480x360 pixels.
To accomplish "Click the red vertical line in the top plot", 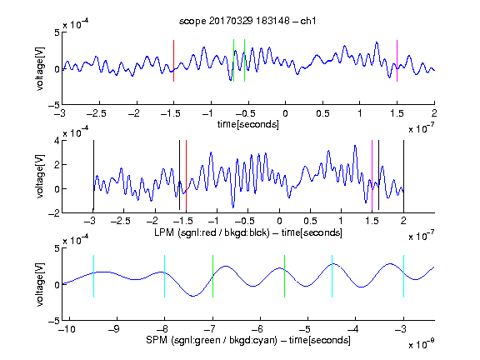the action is (174, 61).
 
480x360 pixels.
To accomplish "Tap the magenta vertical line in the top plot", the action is (397, 61).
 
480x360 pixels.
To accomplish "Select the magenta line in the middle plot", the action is (372, 176).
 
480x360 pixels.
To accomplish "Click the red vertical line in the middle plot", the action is (186, 176).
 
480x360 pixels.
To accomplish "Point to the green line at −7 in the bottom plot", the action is (212, 276).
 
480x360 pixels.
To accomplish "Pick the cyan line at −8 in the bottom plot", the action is (165, 276).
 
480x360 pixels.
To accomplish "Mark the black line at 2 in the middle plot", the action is (403, 176).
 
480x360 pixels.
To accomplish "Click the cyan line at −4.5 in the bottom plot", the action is (332, 276).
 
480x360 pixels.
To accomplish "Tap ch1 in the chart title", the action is (308, 21).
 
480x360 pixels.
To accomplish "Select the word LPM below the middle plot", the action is (164, 232).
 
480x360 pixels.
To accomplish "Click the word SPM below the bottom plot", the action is (157, 340).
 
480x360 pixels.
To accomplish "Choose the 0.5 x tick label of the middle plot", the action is (310, 220).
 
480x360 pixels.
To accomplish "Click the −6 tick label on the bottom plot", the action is (259, 329).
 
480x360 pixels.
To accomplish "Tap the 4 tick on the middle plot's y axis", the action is (57, 141).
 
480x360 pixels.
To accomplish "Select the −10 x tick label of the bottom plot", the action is (67, 329).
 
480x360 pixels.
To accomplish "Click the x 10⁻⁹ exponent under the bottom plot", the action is (421, 345).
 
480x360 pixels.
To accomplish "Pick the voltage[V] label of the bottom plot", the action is (40, 284).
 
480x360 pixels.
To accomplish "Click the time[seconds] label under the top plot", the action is (248, 124).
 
